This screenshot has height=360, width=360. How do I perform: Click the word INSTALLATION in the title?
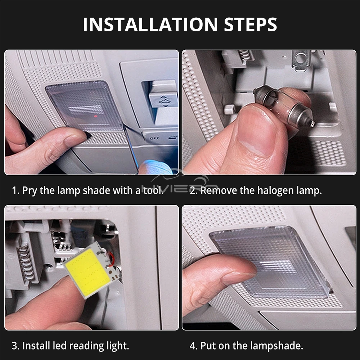[x=150, y=24]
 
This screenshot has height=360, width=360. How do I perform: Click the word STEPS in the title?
[x=251, y=24]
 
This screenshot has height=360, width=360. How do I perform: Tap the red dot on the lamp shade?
[x=96, y=116]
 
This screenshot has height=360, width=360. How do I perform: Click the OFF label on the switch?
[x=154, y=138]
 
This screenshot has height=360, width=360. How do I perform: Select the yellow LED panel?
[x=88, y=273]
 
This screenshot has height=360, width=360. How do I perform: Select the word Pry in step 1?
[x=30, y=191]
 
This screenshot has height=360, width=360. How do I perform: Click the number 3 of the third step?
[x=15, y=346]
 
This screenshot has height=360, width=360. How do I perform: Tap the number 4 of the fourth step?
[x=193, y=346]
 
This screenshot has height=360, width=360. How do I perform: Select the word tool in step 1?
[x=153, y=191]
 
